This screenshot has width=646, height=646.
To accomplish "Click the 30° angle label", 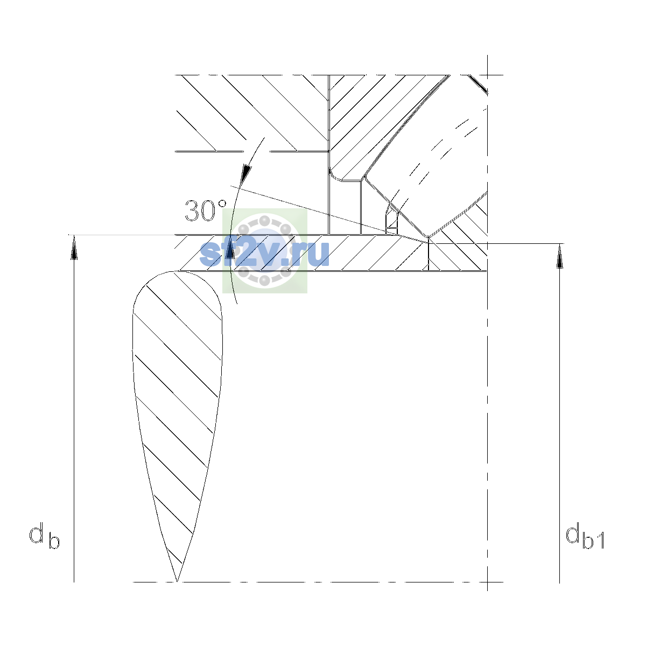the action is [206, 211].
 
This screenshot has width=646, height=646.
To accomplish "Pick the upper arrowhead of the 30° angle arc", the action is [247, 174].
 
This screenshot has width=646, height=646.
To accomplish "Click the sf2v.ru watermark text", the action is [264, 253].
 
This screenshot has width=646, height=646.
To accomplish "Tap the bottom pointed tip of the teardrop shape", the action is [177, 581].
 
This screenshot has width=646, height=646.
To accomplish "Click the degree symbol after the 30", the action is [222, 204].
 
